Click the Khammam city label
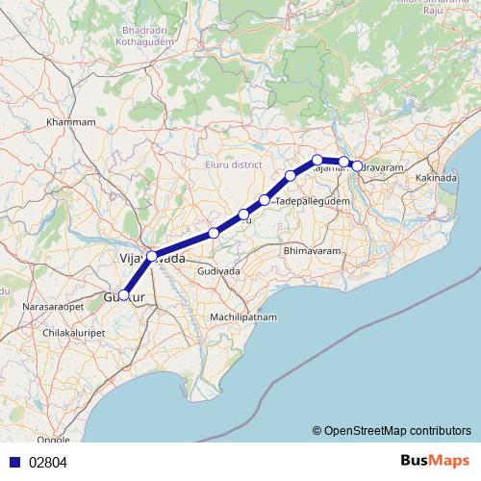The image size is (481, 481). coord(73,122)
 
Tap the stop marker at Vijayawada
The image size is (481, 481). coord(151,256)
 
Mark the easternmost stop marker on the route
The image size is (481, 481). coord(358,166)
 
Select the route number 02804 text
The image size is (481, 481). coord(47,462)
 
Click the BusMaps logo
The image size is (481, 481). coord(437,461)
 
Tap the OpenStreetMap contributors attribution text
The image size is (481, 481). coord(392,430)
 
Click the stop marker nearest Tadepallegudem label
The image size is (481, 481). coord(265,200)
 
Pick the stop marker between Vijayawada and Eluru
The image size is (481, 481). coord(214,233)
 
